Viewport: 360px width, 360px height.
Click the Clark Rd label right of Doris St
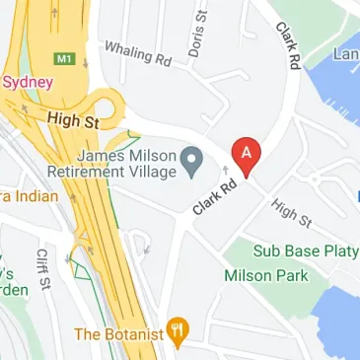(288, 44)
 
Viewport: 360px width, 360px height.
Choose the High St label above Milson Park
(290, 212)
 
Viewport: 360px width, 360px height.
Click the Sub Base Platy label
(305, 251)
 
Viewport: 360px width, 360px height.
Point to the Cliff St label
(42, 268)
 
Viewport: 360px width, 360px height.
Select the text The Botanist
(115, 334)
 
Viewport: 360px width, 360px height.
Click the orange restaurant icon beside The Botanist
(178, 333)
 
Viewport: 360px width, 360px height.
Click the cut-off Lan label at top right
(347, 54)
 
